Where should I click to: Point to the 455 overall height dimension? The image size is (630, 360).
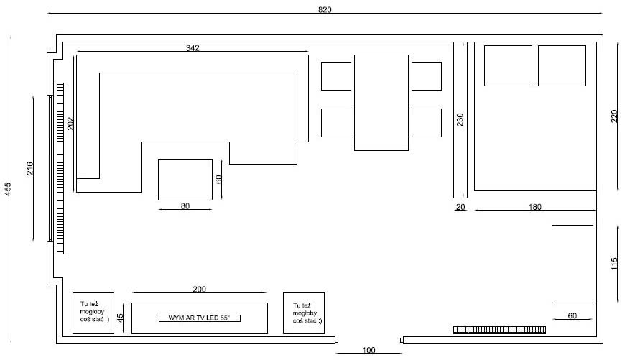(8, 189)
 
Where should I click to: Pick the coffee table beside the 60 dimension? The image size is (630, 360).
(185, 180)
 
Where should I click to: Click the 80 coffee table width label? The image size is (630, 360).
(185, 206)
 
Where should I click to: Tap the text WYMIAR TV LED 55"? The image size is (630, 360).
(199, 318)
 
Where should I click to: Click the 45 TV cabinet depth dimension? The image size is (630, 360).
(120, 318)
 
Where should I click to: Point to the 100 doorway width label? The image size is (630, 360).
(369, 350)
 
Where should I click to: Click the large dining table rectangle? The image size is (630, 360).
(381, 103)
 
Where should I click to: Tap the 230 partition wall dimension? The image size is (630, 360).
(460, 119)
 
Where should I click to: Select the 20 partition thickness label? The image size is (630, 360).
(460, 207)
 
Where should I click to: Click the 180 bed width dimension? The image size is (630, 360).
(534, 207)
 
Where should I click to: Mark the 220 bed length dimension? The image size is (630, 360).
(614, 116)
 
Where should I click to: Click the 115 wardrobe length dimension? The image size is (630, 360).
(614, 264)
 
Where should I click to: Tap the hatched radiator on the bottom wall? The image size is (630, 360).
(499, 330)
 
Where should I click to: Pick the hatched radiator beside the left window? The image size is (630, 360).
(60, 168)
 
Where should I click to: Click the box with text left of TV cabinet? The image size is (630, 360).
(93, 313)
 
